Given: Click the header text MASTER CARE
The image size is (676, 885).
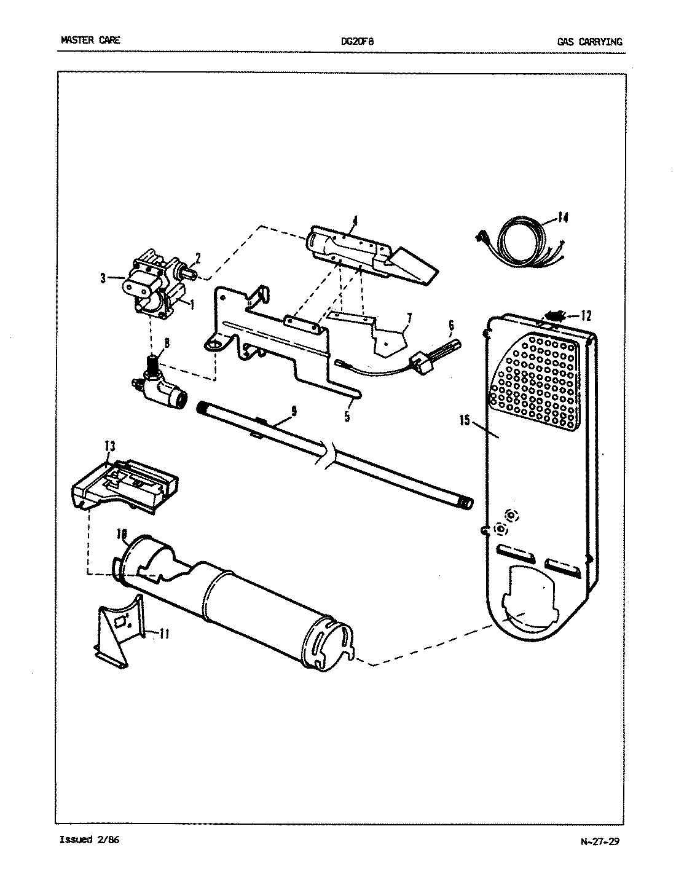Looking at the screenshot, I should pyautogui.click(x=90, y=41).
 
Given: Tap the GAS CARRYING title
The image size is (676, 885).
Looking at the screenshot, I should pyautogui.click(x=589, y=42).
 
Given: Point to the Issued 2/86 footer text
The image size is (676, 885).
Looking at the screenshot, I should pyautogui.click(x=89, y=839).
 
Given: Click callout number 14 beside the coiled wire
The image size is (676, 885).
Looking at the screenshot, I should pyautogui.click(x=563, y=216).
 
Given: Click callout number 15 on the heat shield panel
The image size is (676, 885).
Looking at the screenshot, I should pyautogui.click(x=463, y=420).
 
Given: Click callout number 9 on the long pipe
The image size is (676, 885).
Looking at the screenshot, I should pyautogui.click(x=294, y=412).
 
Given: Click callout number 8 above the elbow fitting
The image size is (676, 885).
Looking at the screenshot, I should pyautogui.click(x=167, y=344).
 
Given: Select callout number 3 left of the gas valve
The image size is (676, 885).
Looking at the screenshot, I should pyautogui.click(x=103, y=278).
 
